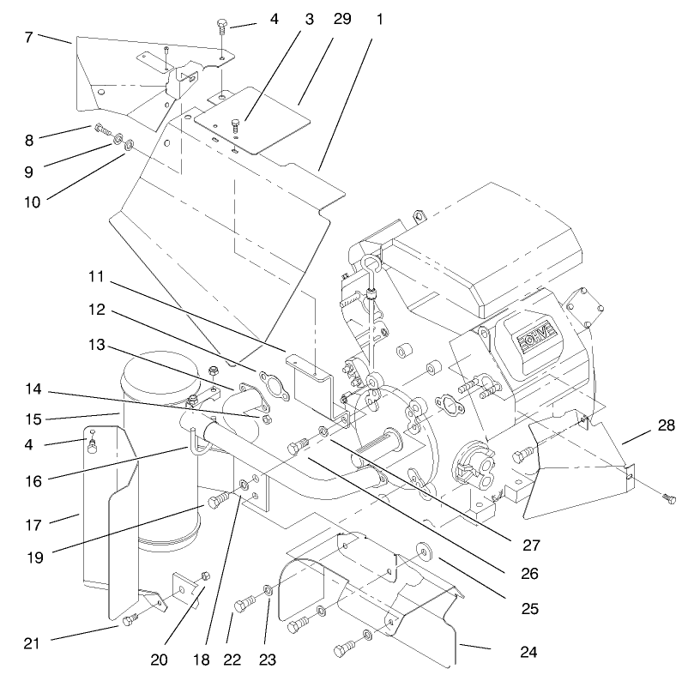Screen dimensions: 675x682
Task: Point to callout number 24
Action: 528,652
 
